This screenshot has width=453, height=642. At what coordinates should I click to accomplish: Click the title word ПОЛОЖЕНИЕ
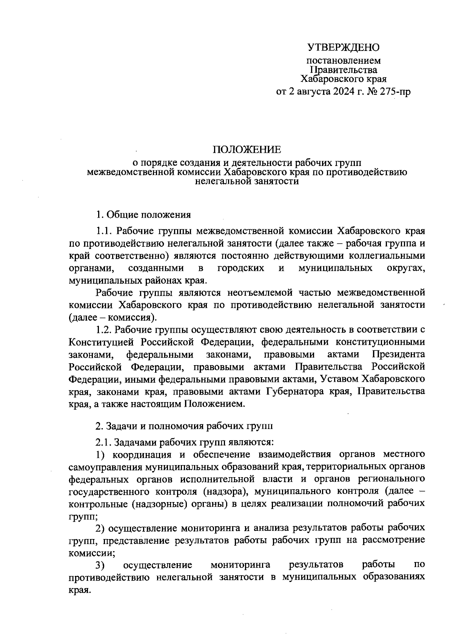click(247, 150)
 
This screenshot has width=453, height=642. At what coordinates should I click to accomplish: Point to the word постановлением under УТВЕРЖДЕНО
click(343, 60)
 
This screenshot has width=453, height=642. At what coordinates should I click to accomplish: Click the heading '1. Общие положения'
click(143, 215)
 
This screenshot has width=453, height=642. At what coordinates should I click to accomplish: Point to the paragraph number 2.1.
click(103, 441)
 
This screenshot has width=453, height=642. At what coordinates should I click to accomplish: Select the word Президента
click(398, 355)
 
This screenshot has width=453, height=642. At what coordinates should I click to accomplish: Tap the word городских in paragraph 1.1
click(240, 268)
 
